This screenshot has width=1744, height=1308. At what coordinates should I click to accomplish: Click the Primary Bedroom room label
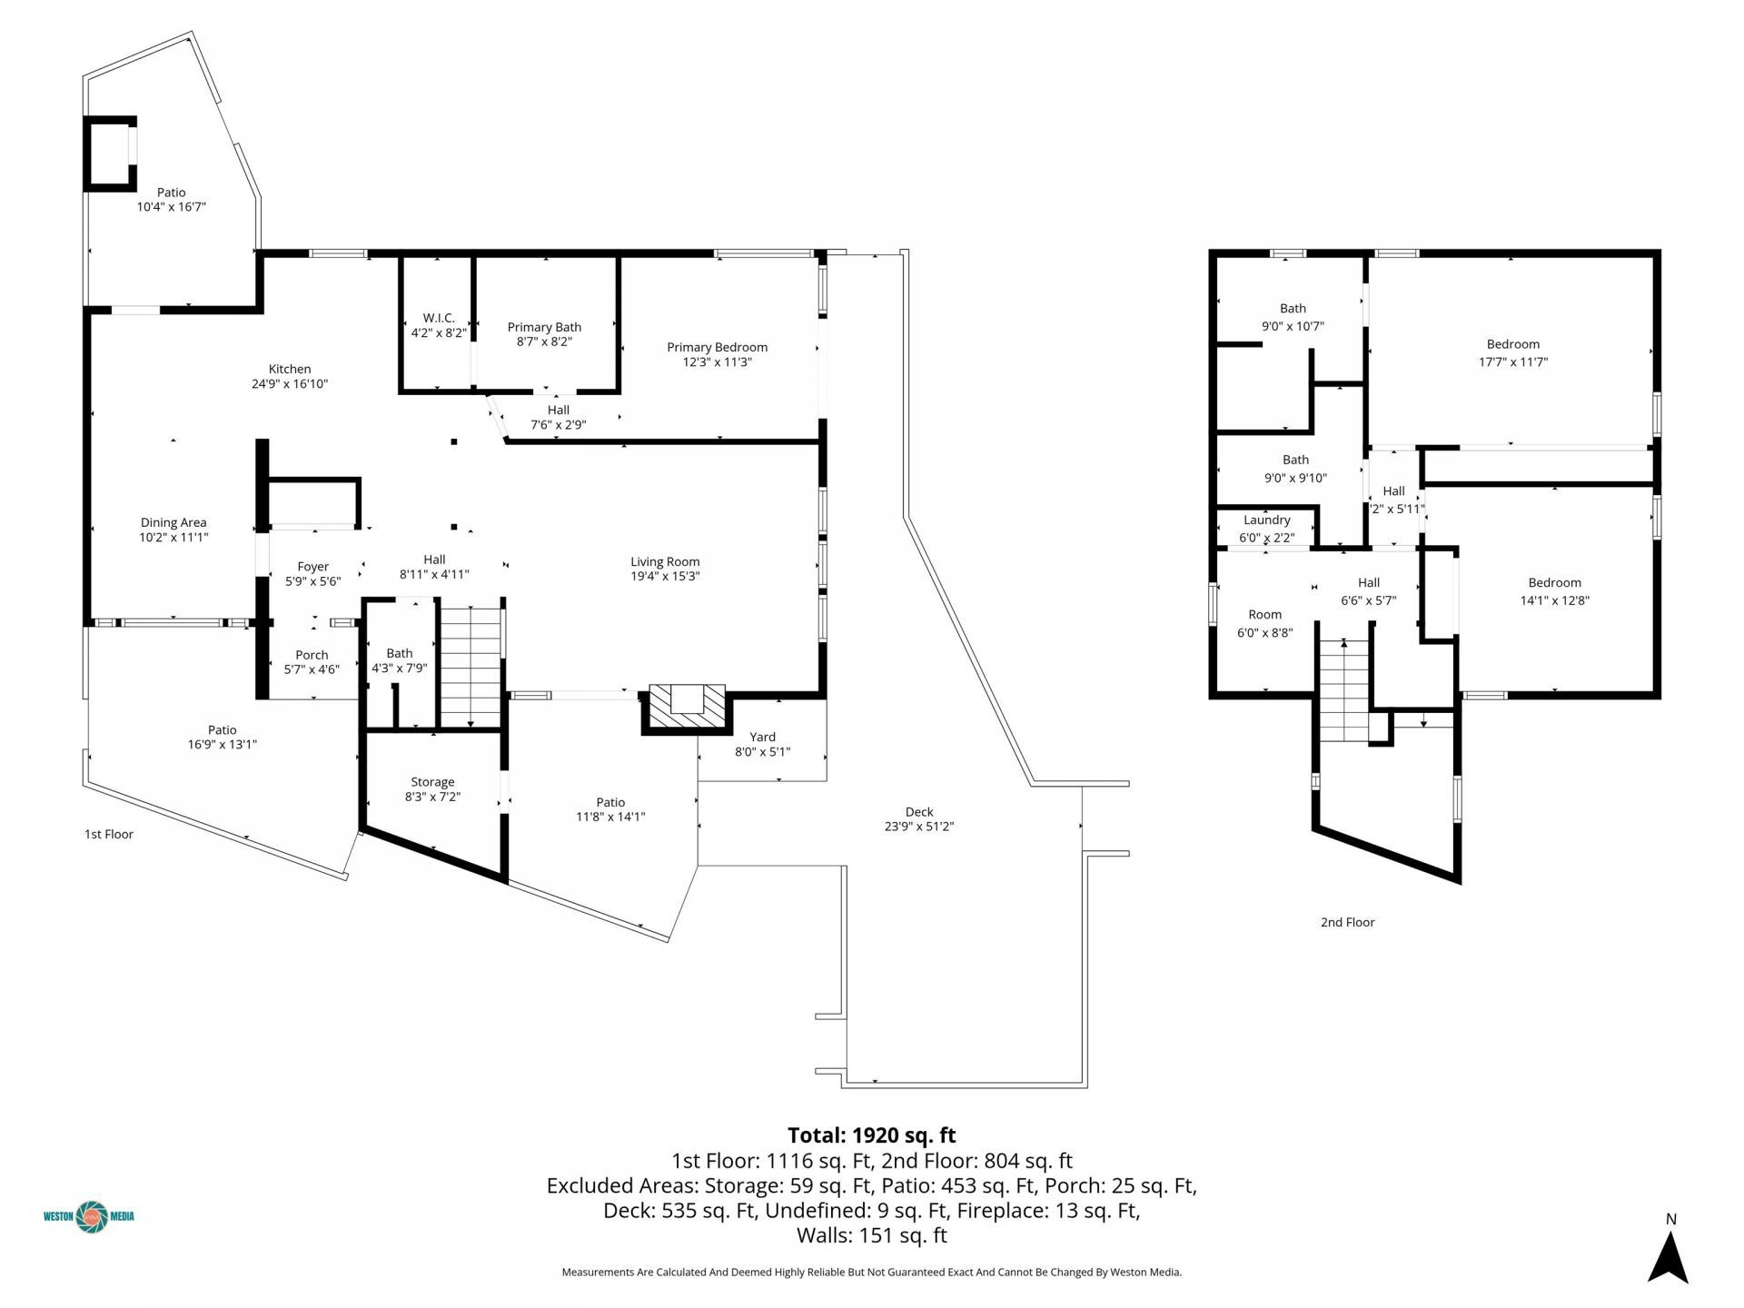point(717,347)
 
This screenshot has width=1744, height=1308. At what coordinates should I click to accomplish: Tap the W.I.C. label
point(439,318)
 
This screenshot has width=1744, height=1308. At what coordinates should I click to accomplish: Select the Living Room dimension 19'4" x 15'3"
point(665,576)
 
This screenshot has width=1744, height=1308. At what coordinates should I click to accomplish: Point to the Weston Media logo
point(89,1215)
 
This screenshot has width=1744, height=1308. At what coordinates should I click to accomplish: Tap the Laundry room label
point(1266,520)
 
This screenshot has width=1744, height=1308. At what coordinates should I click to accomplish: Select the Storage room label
point(432,781)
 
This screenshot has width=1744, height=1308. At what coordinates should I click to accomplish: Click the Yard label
point(762,737)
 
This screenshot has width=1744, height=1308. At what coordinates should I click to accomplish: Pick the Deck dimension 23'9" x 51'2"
point(918,827)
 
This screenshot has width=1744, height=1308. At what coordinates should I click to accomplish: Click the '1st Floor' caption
point(109,834)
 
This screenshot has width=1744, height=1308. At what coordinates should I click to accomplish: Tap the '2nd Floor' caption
point(1347,922)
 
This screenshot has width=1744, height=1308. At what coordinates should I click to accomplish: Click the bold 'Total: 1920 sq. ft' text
point(871,1135)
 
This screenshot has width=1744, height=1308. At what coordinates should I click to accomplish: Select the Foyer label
point(312,566)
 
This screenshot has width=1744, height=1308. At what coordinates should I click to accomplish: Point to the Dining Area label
point(173,522)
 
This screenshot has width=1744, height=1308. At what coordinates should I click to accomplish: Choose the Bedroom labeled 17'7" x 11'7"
point(1512,352)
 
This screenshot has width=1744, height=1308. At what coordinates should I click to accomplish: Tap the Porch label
point(312,654)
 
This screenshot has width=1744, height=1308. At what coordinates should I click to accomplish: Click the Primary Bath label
point(544,327)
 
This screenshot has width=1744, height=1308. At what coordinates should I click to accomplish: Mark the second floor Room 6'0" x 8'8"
point(1264,623)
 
